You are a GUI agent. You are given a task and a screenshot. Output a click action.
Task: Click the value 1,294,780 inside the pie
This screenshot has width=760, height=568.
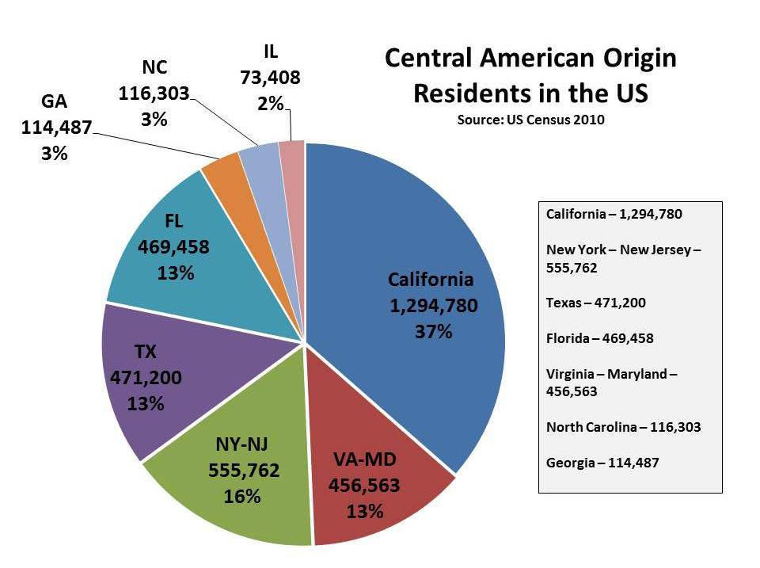433,306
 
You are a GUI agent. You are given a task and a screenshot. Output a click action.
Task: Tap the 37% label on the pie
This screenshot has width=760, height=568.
433,332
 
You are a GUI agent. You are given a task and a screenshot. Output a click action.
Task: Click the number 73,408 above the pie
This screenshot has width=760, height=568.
270,78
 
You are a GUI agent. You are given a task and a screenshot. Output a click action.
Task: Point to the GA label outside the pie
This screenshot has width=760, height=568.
54,101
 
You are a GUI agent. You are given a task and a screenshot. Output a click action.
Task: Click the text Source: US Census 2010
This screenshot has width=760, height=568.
530,120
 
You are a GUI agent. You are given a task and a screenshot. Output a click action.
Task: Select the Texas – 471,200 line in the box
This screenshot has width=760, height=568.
600,302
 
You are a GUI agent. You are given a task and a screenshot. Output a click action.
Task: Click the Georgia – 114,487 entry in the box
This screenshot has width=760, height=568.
603,463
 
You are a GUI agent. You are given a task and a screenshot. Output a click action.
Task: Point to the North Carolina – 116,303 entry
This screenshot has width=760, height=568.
623,427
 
